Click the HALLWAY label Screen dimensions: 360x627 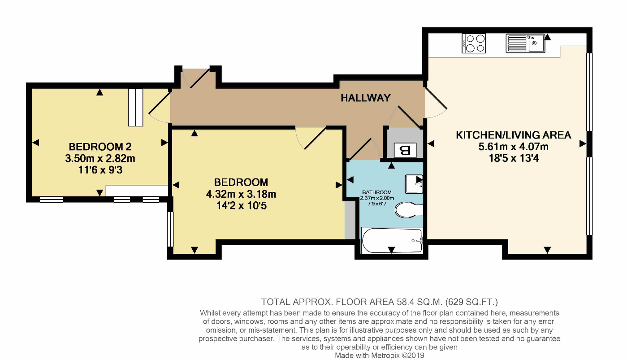pos(365,98)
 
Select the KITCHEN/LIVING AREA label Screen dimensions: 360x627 pos(513,135)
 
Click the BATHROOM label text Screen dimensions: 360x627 pos(376,193)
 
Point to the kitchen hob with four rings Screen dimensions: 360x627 pos(474,43)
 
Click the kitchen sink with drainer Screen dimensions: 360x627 pos(525,43)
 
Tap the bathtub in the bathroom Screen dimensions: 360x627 pos(392,241)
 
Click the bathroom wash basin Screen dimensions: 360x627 pos(414,183)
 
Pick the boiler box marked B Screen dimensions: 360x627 pos(405,150)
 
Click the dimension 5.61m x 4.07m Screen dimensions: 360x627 pos(513,147)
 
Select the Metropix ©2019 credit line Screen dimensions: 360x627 pos(379,356)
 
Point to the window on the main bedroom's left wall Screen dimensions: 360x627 pos(170,229)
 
